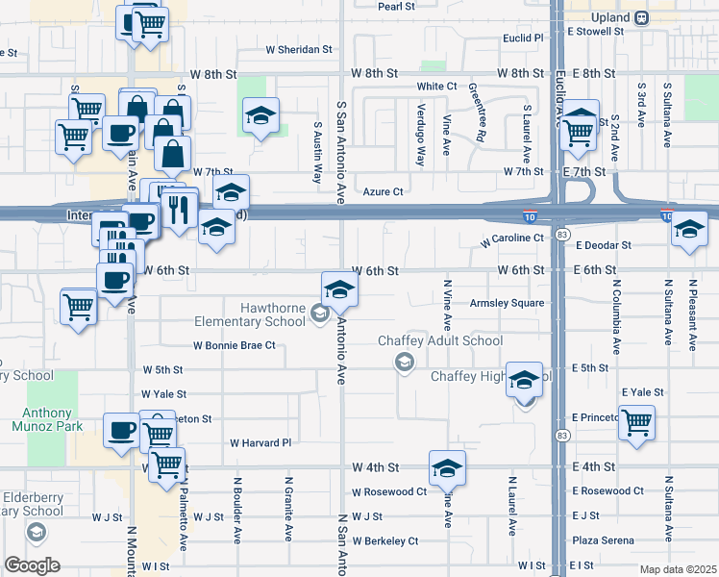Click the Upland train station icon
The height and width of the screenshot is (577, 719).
[x=640, y=17]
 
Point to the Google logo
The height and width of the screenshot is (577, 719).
[x=32, y=564]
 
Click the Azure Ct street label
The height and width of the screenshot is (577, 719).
[x=383, y=191]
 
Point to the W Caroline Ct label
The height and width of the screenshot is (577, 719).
[x=512, y=238]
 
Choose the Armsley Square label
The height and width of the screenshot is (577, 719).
[x=507, y=303]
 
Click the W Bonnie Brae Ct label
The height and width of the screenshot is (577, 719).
[x=235, y=344]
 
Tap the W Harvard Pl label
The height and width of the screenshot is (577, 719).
[x=260, y=443]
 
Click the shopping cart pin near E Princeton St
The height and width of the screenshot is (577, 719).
[x=637, y=421]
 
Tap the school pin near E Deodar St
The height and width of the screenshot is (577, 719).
[x=688, y=230]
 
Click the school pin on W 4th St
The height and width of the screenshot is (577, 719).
[x=447, y=468]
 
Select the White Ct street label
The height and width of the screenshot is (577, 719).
[x=436, y=86]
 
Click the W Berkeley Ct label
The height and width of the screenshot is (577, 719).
[x=384, y=540]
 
